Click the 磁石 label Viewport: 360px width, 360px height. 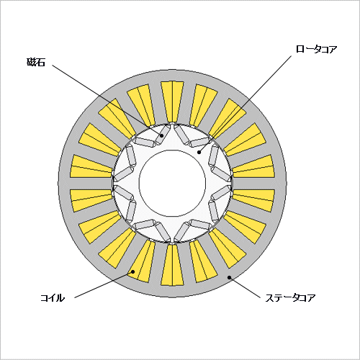[x=36, y=62]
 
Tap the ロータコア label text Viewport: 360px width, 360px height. [x=316, y=49]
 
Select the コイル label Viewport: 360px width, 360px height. [x=53, y=298]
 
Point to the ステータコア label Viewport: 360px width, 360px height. [x=290, y=298]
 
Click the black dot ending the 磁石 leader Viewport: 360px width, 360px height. [x=162, y=135]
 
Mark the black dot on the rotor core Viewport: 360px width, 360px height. [x=199, y=152]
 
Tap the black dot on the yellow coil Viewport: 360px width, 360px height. [x=132, y=271]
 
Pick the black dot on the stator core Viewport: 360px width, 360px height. [x=229, y=277]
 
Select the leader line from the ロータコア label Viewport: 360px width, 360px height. [x=245, y=104]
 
